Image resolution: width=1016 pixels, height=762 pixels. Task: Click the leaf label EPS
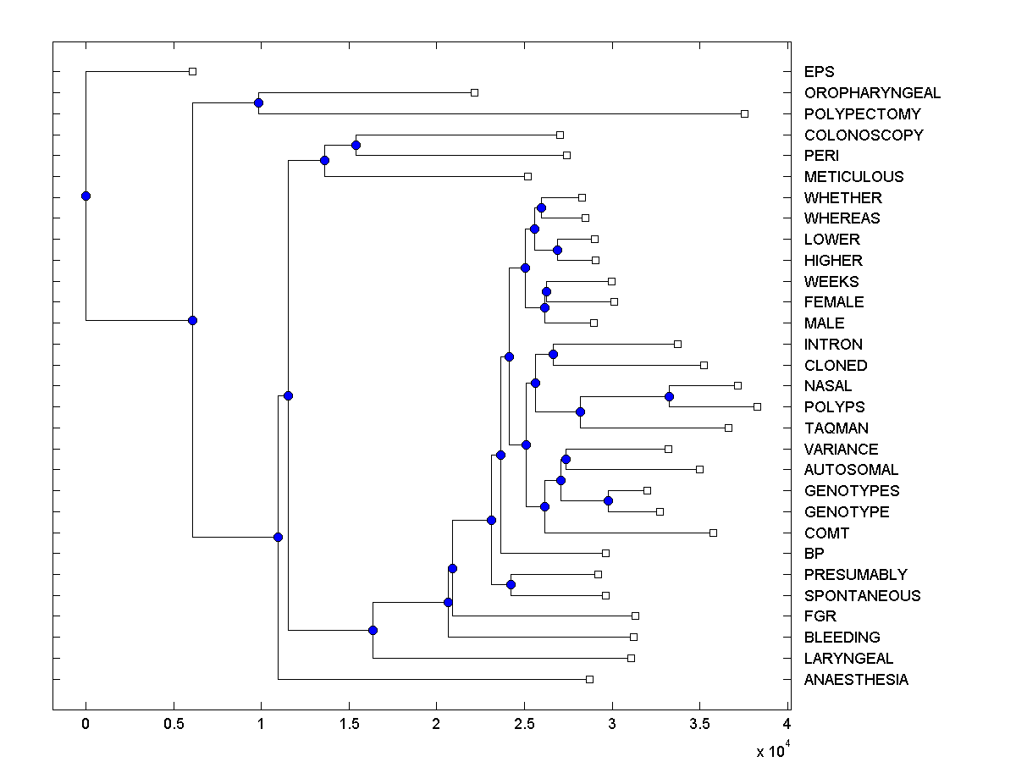click(819, 72)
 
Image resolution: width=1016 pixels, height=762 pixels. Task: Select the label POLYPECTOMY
click(862, 113)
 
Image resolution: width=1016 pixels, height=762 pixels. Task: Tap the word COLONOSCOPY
click(864, 135)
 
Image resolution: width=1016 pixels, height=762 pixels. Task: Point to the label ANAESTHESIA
click(856, 680)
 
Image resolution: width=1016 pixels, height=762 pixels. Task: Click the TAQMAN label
click(836, 428)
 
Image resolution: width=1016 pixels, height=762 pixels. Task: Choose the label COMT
click(826, 533)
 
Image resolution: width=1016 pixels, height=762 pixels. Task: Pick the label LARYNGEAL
click(848, 659)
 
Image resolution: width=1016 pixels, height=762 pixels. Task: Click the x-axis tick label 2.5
click(524, 724)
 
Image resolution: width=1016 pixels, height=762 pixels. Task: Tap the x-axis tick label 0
click(86, 724)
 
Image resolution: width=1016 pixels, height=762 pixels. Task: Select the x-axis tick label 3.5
click(699, 724)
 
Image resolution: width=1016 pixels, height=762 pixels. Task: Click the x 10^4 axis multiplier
click(771, 750)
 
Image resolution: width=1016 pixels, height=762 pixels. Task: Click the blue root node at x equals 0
click(86, 196)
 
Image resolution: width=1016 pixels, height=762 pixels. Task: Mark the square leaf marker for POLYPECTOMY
click(744, 113)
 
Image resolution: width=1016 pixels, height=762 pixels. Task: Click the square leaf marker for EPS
click(192, 71)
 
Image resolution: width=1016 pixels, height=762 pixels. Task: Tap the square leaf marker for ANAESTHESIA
click(589, 679)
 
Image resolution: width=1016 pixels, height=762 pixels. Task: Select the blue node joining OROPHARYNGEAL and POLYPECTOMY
click(258, 102)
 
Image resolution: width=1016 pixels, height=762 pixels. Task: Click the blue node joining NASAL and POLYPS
click(669, 396)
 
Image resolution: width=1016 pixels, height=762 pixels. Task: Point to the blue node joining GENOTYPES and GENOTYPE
click(608, 500)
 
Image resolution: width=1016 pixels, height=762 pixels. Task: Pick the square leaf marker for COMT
click(713, 533)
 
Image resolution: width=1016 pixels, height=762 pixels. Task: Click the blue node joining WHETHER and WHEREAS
click(541, 207)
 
